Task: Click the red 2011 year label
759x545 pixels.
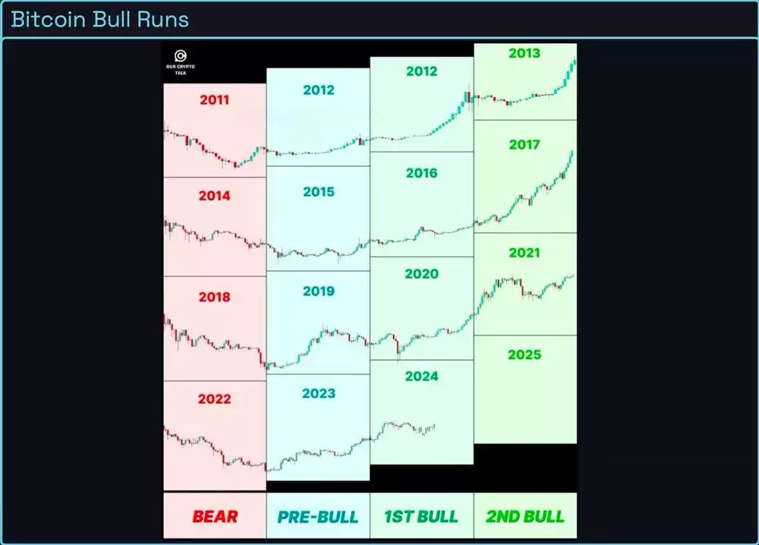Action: [214, 99]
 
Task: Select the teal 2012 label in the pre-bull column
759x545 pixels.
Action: [318, 90]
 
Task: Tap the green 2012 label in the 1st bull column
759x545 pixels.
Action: [421, 71]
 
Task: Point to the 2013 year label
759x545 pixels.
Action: [524, 54]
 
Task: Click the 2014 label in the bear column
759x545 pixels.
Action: [214, 196]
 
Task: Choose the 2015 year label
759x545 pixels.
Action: [318, 192]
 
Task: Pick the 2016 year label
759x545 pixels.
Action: [421, 173]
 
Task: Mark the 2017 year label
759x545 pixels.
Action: [524, 144]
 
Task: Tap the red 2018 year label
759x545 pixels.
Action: [214, 297]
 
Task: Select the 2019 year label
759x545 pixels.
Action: [318, 291]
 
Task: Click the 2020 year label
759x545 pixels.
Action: [421, 273]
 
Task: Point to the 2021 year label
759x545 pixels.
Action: [524, 253]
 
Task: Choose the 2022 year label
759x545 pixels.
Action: [214, 399]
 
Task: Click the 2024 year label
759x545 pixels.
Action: [421, 376]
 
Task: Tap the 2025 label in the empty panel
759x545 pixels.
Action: [524, 354]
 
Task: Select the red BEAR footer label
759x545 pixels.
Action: [214, 517]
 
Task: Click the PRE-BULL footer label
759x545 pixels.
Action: [318, 517]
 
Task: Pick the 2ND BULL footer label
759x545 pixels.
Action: [524, 517]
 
